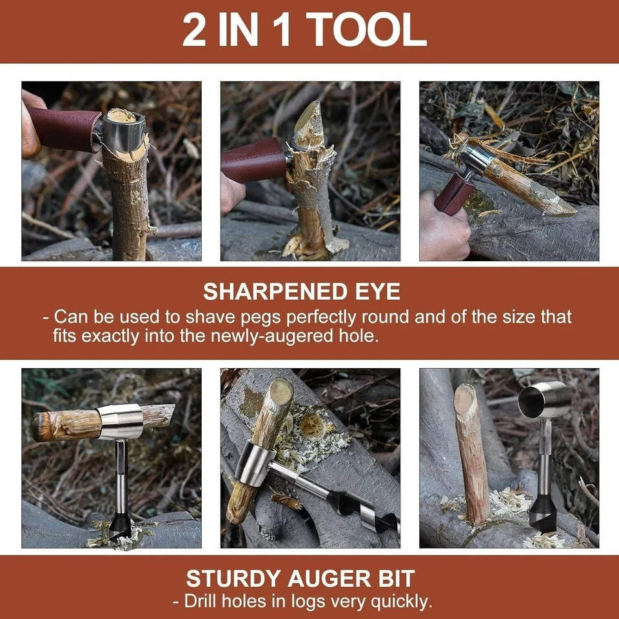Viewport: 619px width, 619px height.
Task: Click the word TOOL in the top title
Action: tap(366, 30)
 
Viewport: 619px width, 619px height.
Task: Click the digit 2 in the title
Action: tap(193, 30)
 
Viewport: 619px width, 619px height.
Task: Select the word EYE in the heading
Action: tap(377, 291)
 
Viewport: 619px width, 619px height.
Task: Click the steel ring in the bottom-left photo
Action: tap(120, 421)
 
